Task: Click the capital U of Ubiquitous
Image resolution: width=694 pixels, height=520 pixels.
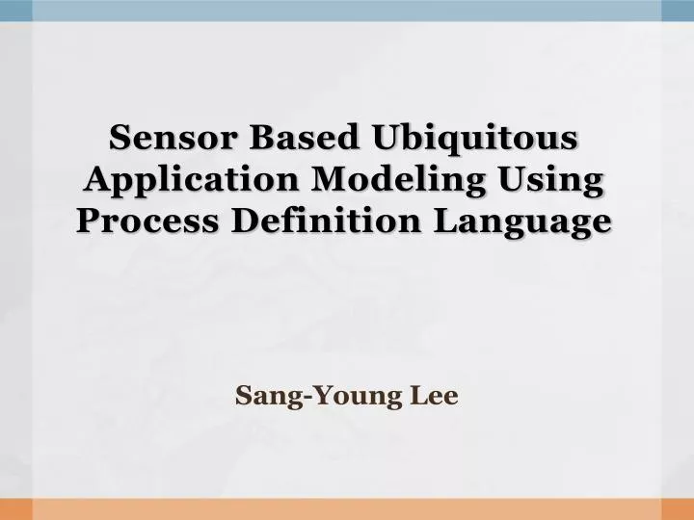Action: point(387,138)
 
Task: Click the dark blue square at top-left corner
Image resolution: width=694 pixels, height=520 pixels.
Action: point(15,10)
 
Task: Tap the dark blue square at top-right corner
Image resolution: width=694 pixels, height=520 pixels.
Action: point(678,10)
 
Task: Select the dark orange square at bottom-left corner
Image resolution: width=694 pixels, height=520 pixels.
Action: point(15,509)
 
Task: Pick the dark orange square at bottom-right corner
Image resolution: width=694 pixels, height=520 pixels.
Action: point(678,509)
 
